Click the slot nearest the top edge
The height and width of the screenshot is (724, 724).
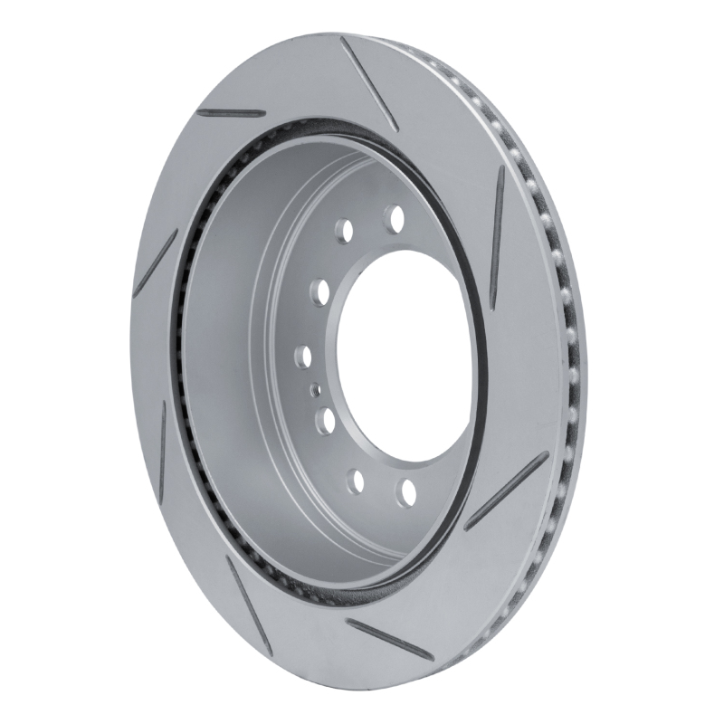point(366,82)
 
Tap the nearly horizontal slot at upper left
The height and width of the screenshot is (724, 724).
point(231,113)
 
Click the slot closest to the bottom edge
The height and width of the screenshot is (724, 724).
point(386,639)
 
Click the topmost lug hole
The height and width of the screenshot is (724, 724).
point(394,218)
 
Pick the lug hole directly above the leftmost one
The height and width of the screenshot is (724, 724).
point(319,291)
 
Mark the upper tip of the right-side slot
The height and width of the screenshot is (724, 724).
point(500,172)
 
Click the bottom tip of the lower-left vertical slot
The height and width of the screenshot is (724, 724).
point(167,490)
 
